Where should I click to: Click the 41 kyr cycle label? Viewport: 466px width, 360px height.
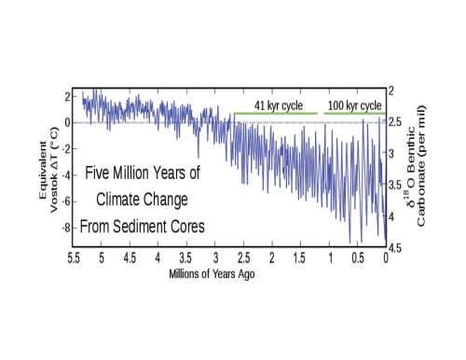click(x=279, y=105)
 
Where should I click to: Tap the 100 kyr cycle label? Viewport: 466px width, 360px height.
click(x=355, y=105)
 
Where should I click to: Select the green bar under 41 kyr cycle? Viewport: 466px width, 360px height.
click(x=276, y=114)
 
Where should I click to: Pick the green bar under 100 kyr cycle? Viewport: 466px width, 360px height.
click(x=355, y=114)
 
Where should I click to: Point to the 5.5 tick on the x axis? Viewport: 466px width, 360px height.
click(x=74, y=258)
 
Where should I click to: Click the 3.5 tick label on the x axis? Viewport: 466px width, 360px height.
click(x=185, y=258)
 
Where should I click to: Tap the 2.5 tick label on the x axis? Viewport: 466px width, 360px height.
click(x=243, y=258)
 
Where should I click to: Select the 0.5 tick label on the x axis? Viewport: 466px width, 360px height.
click(x=358, y=258)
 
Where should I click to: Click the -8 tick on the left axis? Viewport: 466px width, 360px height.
click(x=66, y=228)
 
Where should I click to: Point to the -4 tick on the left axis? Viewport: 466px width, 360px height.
click(x=66, y=175)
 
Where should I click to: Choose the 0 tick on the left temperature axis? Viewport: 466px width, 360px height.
click(x=67, y=123)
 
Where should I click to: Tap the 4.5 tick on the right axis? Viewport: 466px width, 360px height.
click(x=394, y=248)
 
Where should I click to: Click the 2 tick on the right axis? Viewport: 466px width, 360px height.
click(x=391, y=90)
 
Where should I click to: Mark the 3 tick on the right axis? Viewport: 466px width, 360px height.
click(x=391, y=154)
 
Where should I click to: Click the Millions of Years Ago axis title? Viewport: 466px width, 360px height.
click(x=212, y=274)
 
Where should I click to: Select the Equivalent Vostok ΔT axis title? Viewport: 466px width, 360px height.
click(x=48, y=171)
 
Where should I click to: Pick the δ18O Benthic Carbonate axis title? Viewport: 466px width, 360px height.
click(x=417, y=166)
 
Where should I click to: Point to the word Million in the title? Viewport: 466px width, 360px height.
click(x=131, y=173)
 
